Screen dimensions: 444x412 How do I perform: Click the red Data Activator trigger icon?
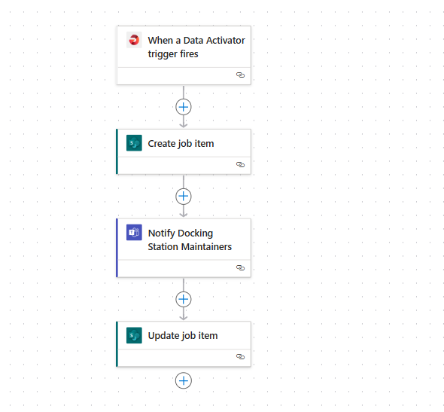(x=134, y=40)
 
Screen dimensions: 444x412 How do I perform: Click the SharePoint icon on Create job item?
(x=134, y=143)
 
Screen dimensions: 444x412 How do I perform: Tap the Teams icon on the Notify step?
(x=134, y=232)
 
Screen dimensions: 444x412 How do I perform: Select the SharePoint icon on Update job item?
(x=134, y=335)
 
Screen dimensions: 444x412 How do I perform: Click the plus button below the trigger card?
(x=184, y=107)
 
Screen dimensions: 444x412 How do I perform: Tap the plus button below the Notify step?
(x=184, y=299)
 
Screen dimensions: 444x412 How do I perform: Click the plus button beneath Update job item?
(x=184, y=380)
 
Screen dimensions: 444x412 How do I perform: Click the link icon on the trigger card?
(x=240, y=75)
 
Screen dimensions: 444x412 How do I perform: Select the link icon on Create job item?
(x=240, y=165)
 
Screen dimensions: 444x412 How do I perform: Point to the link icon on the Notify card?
(x=240, y=268)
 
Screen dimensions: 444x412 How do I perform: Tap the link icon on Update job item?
(x=240, y=356)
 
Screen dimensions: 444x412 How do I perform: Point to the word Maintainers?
(x=206, y=246)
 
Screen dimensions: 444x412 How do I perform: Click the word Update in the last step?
(x=163, y=336)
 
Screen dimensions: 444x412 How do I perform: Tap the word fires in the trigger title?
(x=189, y=53)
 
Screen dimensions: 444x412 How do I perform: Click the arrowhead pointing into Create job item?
(x=184, y=125)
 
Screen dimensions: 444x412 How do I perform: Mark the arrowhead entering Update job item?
(x=184, y=318)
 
